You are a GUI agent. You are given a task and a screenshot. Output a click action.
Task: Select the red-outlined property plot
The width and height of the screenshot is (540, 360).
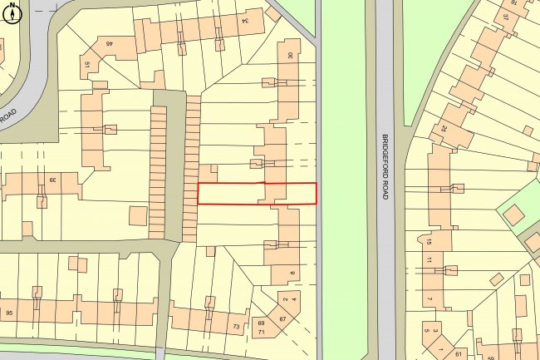(257, 193)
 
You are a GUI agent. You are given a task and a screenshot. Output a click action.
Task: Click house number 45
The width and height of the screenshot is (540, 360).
(109, 43)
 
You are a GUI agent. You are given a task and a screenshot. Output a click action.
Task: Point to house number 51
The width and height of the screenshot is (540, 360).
(86, 63)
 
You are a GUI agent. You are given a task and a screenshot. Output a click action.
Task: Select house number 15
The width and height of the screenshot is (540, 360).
(430, 241)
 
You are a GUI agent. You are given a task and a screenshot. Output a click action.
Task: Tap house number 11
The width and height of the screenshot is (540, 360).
(430, 260)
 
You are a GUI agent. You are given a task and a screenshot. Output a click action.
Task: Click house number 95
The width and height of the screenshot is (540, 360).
(10, 313)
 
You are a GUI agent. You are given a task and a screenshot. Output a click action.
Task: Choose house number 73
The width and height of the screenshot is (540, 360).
(236, 327)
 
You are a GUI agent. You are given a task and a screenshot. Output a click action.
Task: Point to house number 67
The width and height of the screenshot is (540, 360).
(282, 319)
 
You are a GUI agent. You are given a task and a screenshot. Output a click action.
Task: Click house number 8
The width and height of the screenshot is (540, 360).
(292, 274)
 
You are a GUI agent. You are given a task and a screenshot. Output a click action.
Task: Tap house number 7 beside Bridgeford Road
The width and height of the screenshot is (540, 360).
(430, 299)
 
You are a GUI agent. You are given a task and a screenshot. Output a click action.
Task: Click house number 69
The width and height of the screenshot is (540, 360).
(260, 323)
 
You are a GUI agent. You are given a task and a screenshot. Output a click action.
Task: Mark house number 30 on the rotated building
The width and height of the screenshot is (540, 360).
(290, 55)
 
